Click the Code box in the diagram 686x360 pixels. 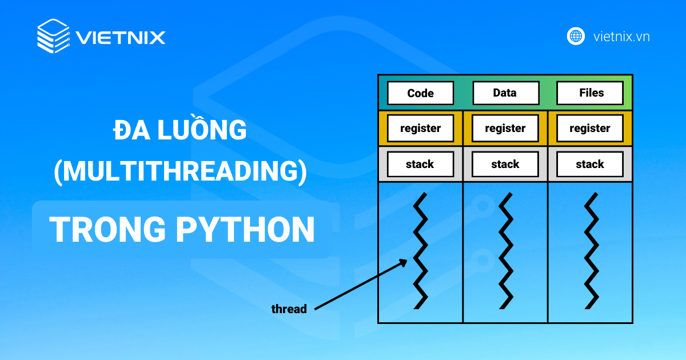[x=420, y=93]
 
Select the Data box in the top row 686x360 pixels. [x=505, y=93]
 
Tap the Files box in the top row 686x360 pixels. [x=590, y=93]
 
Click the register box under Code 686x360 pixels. [x=420, y=129]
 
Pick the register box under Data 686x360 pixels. [x=505, y=129]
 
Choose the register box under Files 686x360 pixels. [x=590, y=129]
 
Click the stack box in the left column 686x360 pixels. [x=420, y=165]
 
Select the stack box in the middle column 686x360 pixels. [x=505, y=165]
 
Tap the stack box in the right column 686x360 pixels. [x=590, y=165]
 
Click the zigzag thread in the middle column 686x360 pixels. [x=505, y=251]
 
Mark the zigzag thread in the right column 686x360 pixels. [x=591, y=251]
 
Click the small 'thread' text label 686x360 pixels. [x=289, y=309]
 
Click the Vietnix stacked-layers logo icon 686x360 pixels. [x=53, y=36]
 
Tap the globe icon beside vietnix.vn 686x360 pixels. [x=576, y=37]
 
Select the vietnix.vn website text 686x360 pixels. [x=621, y=37]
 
